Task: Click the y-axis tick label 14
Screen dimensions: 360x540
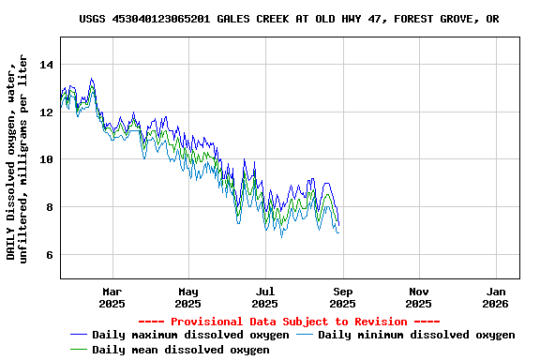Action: (47, 65)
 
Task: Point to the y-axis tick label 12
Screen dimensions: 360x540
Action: (47, 112)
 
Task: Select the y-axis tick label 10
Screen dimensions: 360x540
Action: (47, 159)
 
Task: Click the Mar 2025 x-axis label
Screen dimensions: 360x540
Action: (112, 297)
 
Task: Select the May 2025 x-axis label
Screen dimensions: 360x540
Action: (188, 297)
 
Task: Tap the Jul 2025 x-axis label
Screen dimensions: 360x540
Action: (265, 297)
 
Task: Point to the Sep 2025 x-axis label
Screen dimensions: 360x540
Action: (342, 297)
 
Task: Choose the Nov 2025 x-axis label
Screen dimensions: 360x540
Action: (419, 297)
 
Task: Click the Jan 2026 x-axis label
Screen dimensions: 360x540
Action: (496, 297)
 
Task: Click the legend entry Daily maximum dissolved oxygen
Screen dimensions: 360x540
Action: (190, 335)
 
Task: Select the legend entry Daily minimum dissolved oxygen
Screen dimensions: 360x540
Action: (416, 335)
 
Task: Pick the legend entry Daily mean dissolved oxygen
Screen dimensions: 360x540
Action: (180, 350)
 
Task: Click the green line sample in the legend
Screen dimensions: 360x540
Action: (78, 350)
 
